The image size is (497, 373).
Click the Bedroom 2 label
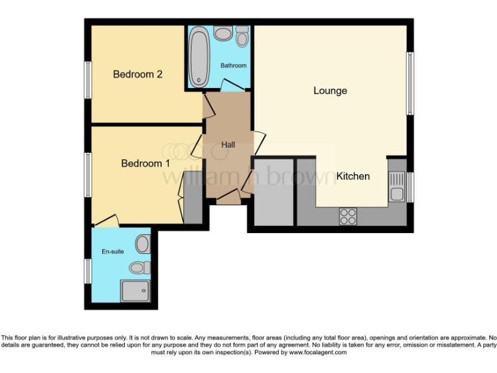click(137, 74)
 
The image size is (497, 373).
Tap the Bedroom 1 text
click(145, 163)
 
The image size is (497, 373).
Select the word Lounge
click(330, 91)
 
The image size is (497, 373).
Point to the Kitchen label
click(353, 176)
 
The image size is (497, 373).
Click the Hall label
click(228, 144)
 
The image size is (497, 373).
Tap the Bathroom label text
click(233, 65)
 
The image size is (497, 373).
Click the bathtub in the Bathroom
click(197, 57)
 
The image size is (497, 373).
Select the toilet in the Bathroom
click(242, 37)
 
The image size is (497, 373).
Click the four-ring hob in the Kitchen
click(348, 216)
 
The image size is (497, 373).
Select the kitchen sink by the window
click(396, 186)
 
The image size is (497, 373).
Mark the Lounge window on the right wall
click(409, 84)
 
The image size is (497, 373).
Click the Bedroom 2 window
click(87, 80)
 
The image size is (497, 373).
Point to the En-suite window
click(87, 271)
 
